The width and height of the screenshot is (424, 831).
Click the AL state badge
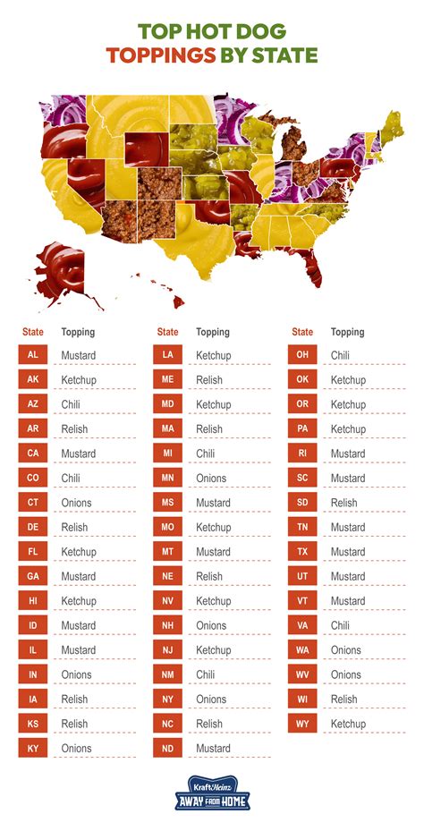tap(33, 355)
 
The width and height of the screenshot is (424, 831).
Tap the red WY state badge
tap(302, 724)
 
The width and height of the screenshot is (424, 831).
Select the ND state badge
tap(168, 748)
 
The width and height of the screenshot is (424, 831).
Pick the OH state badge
tap(302, 355)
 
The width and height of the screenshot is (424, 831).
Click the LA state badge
tap(168, 355)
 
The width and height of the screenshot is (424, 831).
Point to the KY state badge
tap(33, 748)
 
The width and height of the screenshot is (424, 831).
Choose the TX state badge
tap(302, 552)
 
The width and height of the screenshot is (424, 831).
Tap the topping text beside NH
tap(211, 625)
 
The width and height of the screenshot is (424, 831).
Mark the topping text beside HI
tap(78, 601)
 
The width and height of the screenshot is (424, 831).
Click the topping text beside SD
tap(343, 503)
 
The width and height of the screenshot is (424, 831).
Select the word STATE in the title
tap(284, 55)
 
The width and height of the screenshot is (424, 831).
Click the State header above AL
tap(33, 332)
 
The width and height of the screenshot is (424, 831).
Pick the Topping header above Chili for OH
tap(348, 332)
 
